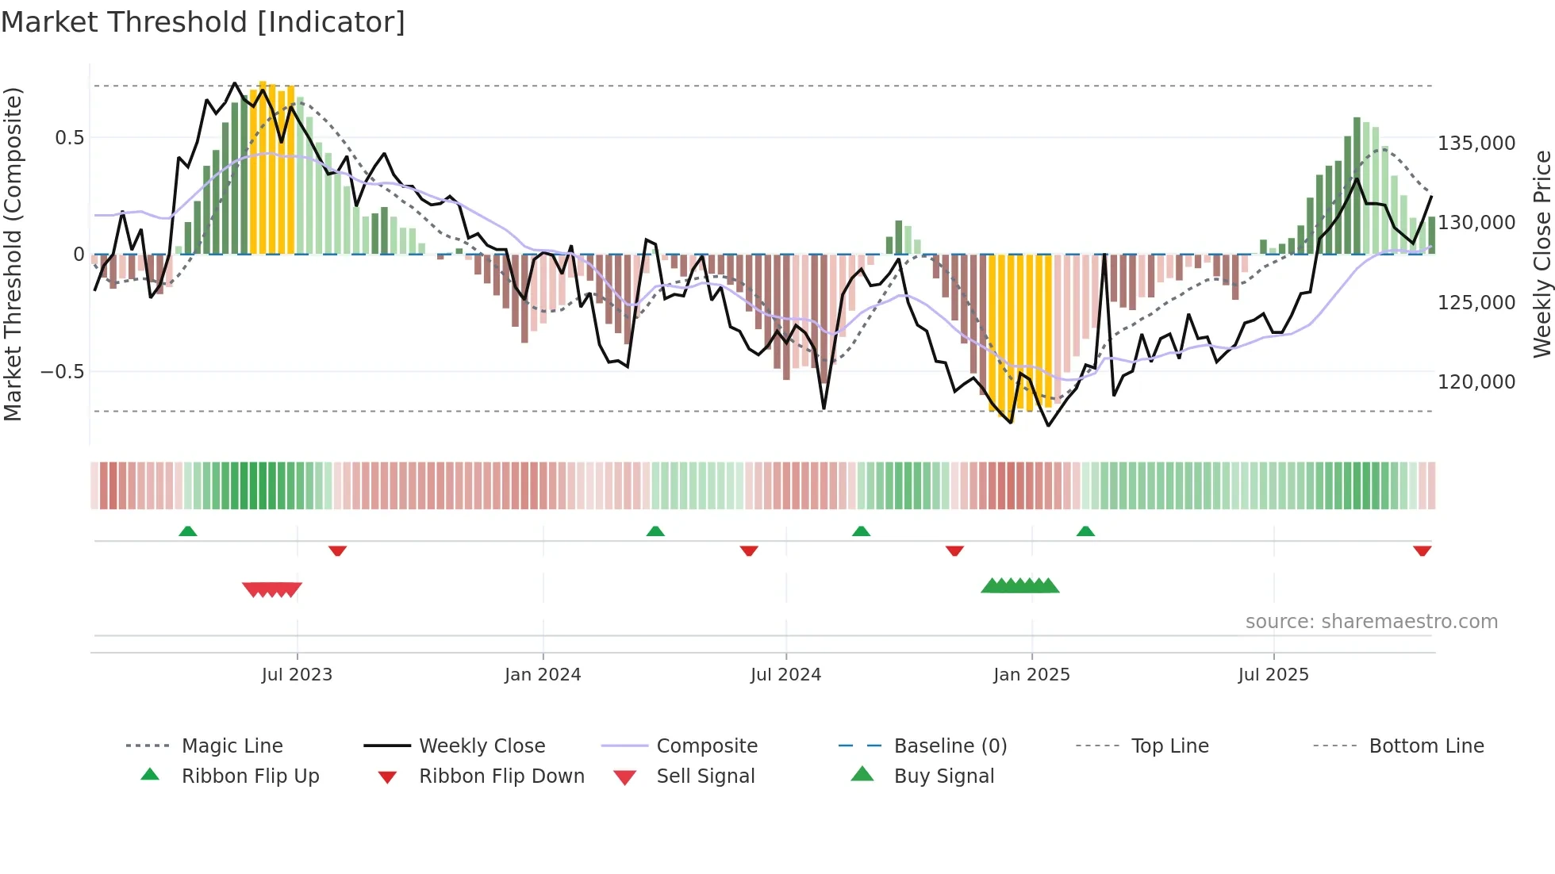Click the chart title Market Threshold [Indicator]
coord(203,22)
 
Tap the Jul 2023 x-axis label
coord(297,675)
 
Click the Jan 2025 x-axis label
coord(1031,675)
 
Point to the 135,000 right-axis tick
coord(1476,144)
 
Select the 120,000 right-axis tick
coord(1476,382)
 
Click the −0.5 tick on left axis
coord(63,372)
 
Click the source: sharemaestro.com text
coord(1371,622)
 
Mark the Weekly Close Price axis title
coord(1542,254)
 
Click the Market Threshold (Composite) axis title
coord(13,254)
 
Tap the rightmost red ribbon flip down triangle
coord(1422,550)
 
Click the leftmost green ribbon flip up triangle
coord(188,531)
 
